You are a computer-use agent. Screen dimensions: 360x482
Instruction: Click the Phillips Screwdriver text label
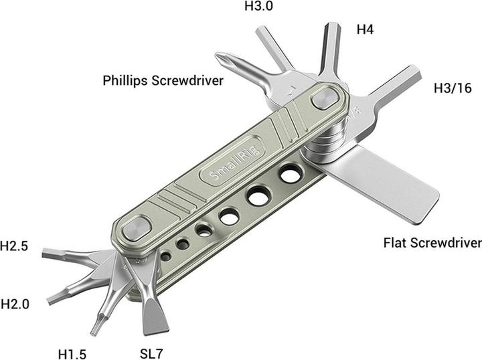coord(163,80)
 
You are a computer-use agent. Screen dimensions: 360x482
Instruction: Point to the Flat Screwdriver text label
coord(432,242)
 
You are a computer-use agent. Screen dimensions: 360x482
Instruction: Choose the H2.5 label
coord(14,246)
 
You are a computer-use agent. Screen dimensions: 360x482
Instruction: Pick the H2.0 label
coord(15,304)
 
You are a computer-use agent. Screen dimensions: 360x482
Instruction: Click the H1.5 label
coord(72,353)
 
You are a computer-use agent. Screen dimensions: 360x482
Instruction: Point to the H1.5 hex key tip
coord(96,329)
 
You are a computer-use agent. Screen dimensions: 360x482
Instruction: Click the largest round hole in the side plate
coord(290,175)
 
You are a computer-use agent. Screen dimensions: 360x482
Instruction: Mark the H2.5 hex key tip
coord(47,253)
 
